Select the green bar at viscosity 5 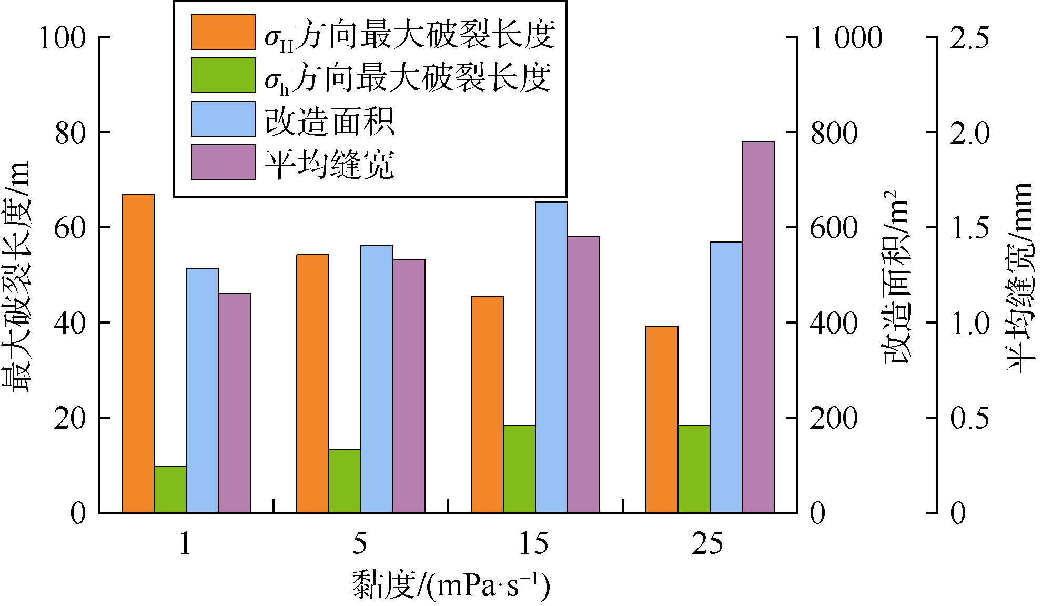pyautogui.click(x=345, y=481)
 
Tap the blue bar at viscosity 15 pyautogui.click(x=551, y=357)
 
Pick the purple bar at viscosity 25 pyautogui.click(x=758, y=327)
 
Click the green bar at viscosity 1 pyautogui.click(x=170, y=489)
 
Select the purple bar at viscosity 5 pyautogui.click(x=409, y=386)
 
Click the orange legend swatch pyautogui.click(x=223, y=32)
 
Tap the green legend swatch pyautogui.click(x=223, y=75)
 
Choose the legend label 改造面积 pyautogui.click(x=330, y=122)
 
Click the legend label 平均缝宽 pyautogui.click(x=330, y=165)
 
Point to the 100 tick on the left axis pyautogui.click(x=62, y=38)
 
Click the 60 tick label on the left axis pyautogui.click(x=69, y=228)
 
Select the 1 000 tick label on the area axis pyautogui.click(x=846, y=38)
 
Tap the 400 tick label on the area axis pyautogui.click(x=834, y=323)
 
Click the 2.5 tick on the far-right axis pyautogui.click(x=969, y=38)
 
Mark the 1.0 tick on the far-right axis pyautogui.click(x=969, y=323)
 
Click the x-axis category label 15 pyautogui.click(x=533, y=543)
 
